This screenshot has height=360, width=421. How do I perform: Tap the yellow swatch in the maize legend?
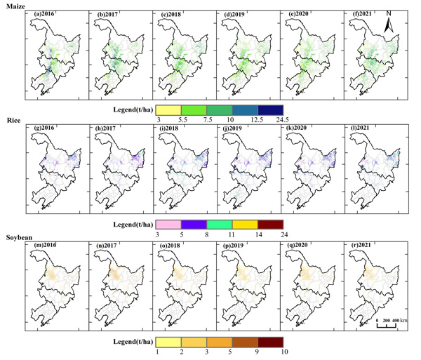pos(169,110)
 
